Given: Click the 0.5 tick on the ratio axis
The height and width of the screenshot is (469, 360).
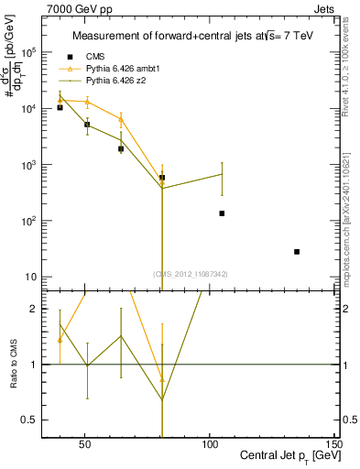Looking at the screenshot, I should coord(29,420).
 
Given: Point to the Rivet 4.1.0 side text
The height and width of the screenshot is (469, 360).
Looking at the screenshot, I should coord(350,73).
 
